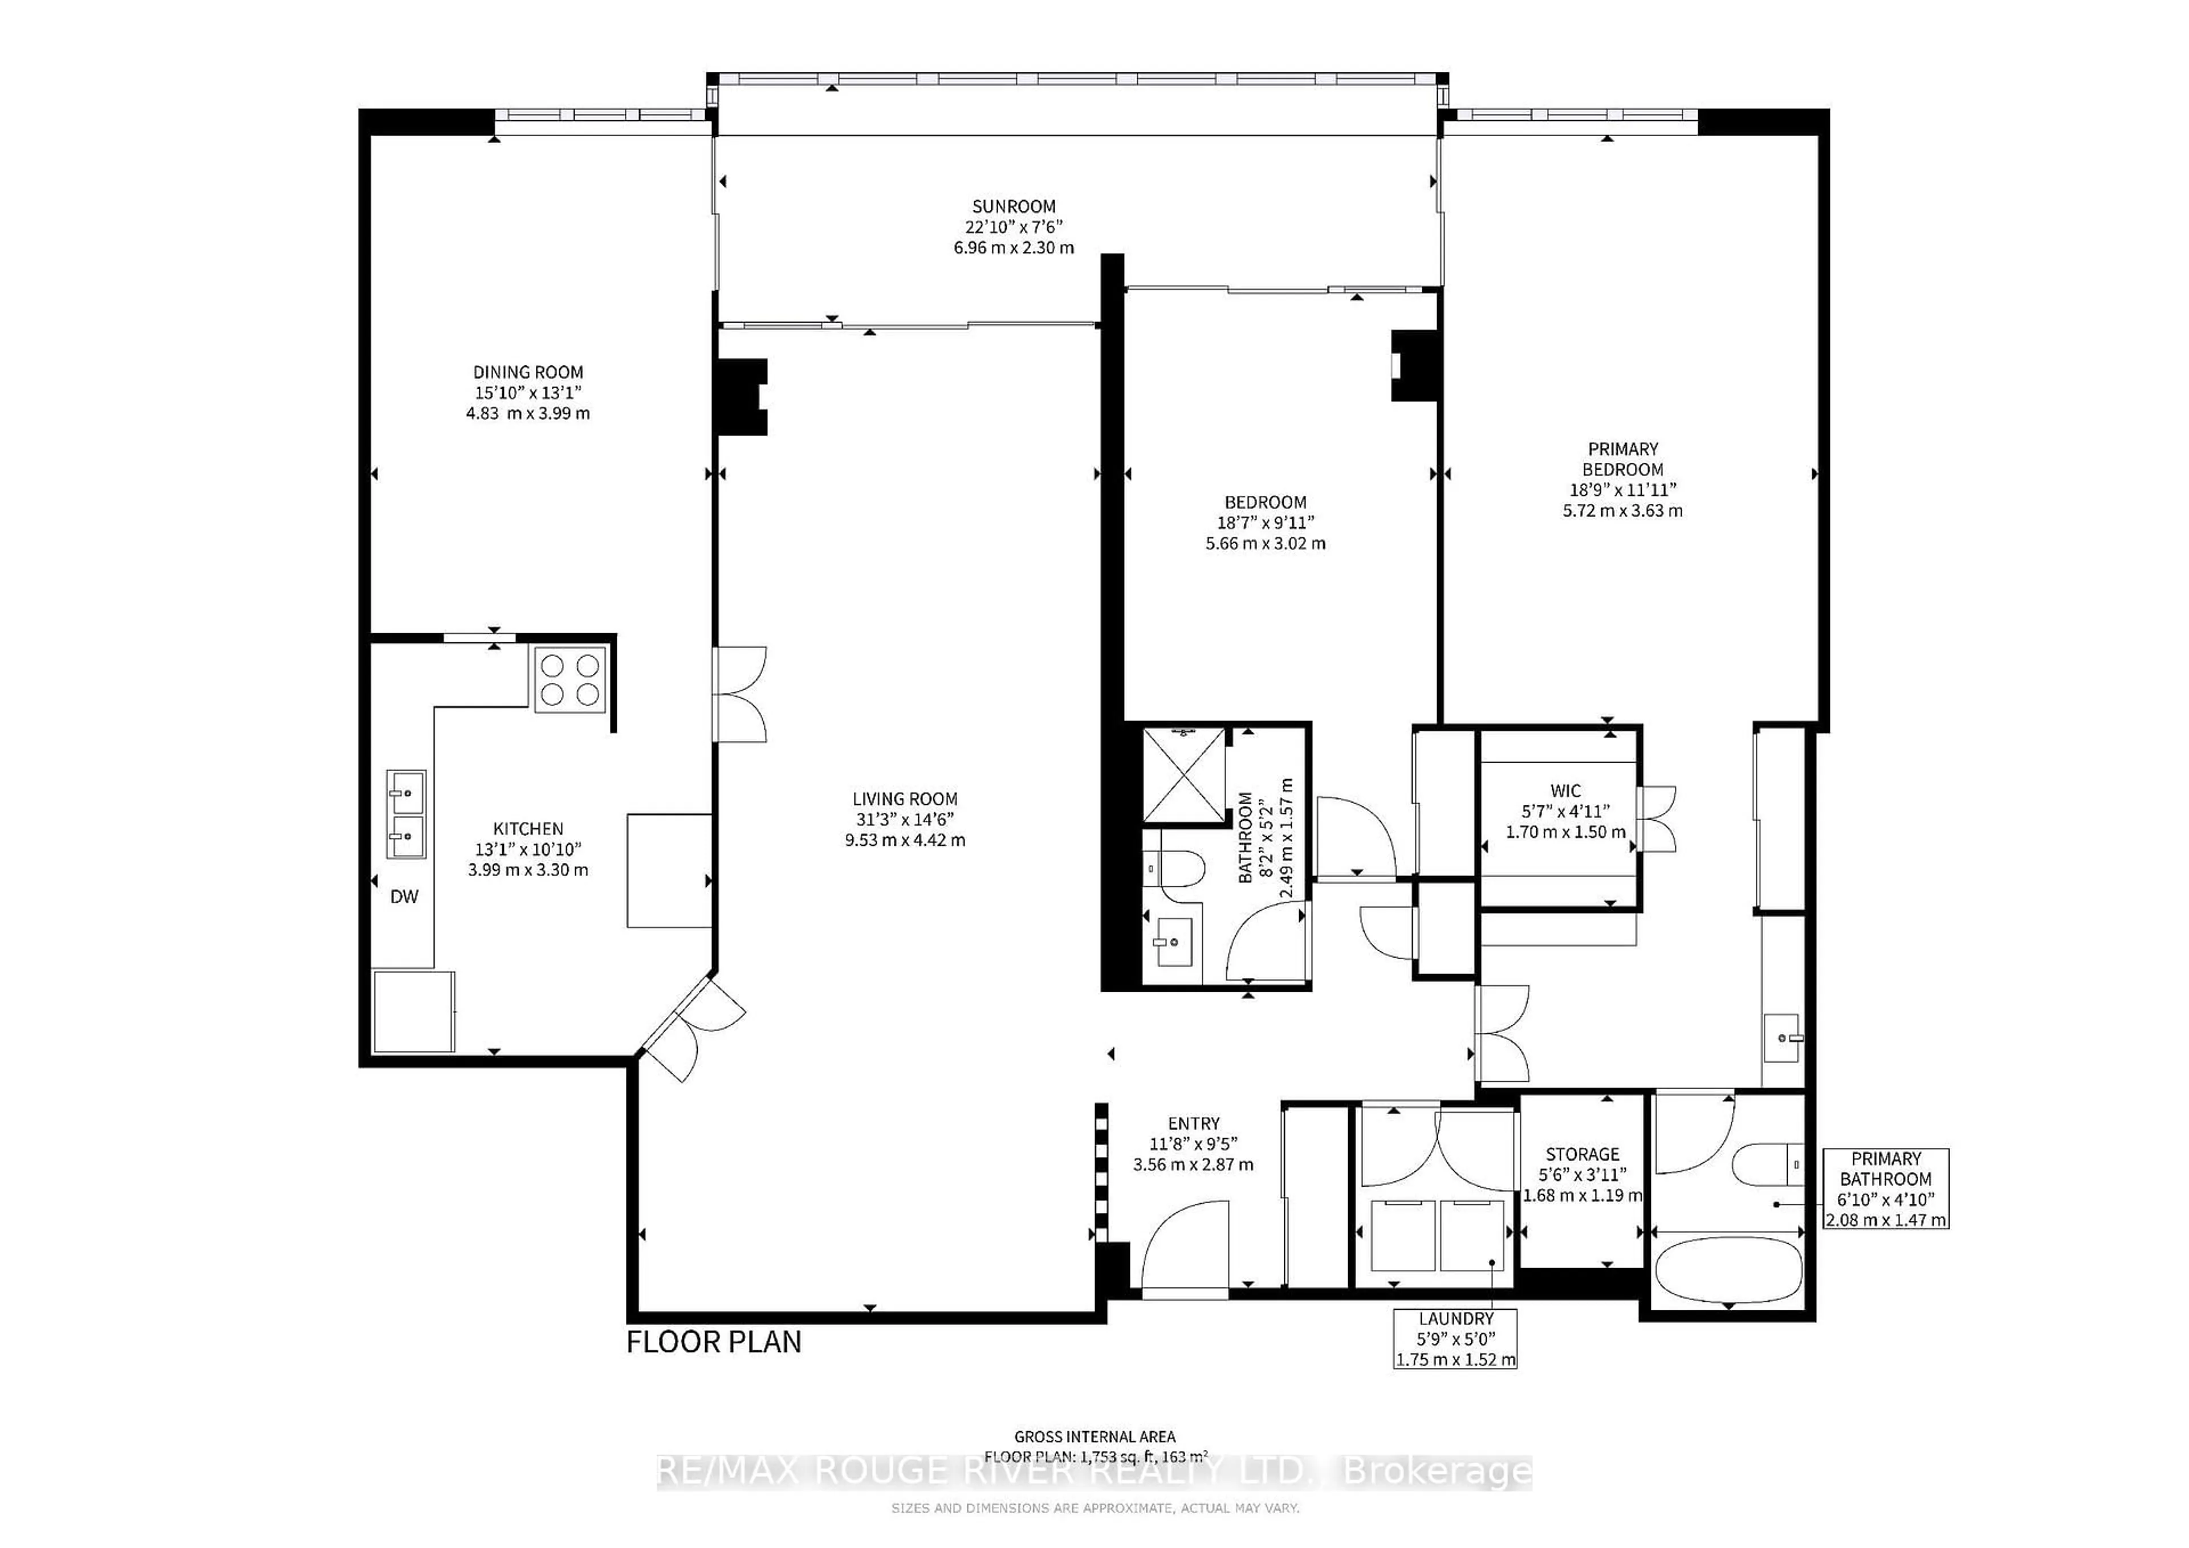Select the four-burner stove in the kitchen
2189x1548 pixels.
tap(569, 679)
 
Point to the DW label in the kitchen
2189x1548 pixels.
tap(404, 897)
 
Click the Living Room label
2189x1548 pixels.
tap(904, 799)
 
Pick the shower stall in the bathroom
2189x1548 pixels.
tap(1183, 775)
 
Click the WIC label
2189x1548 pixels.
tap(1565, 790)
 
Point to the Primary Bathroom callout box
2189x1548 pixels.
tap(1885, 1188)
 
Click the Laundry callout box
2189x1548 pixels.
tap(1455, 1338)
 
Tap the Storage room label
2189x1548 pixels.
tap(1582, 1154)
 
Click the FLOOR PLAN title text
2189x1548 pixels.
tap(713, 1342)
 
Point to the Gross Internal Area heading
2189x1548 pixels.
tap(1094, 1436)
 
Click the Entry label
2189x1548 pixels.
tap(1193, 1124)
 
